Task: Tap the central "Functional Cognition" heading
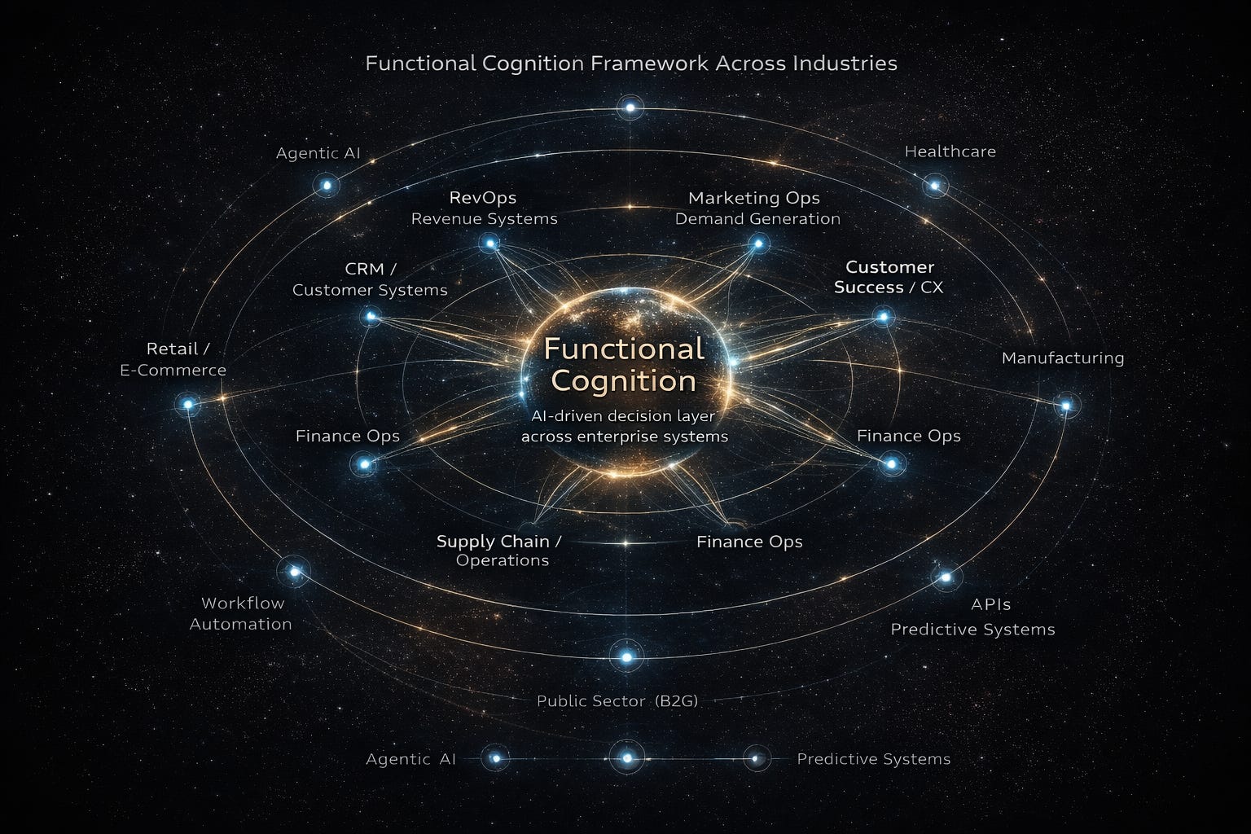coord(624,365)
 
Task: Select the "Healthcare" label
coord(950,151)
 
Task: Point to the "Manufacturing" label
coord(1062,358)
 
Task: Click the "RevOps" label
coord(482,198)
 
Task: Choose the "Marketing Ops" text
coord(753,198)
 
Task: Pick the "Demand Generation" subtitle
coord(757,218)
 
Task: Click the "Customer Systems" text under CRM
coord(370,290)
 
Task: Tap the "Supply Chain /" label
coord(498,541)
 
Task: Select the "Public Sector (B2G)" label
coord(617,700)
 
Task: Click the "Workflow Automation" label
coord(240,613)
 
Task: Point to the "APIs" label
coord(990,604)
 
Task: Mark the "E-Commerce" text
coord(173,370)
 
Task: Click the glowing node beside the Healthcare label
coord(935,186)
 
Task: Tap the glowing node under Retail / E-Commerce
coord(188,404)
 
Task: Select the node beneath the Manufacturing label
coord(1066,405)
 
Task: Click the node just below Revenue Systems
coord(489,243)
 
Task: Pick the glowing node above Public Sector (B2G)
coord(626,656)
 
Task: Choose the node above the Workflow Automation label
coord(295,572)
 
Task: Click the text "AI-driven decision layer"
coord(623,416)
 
